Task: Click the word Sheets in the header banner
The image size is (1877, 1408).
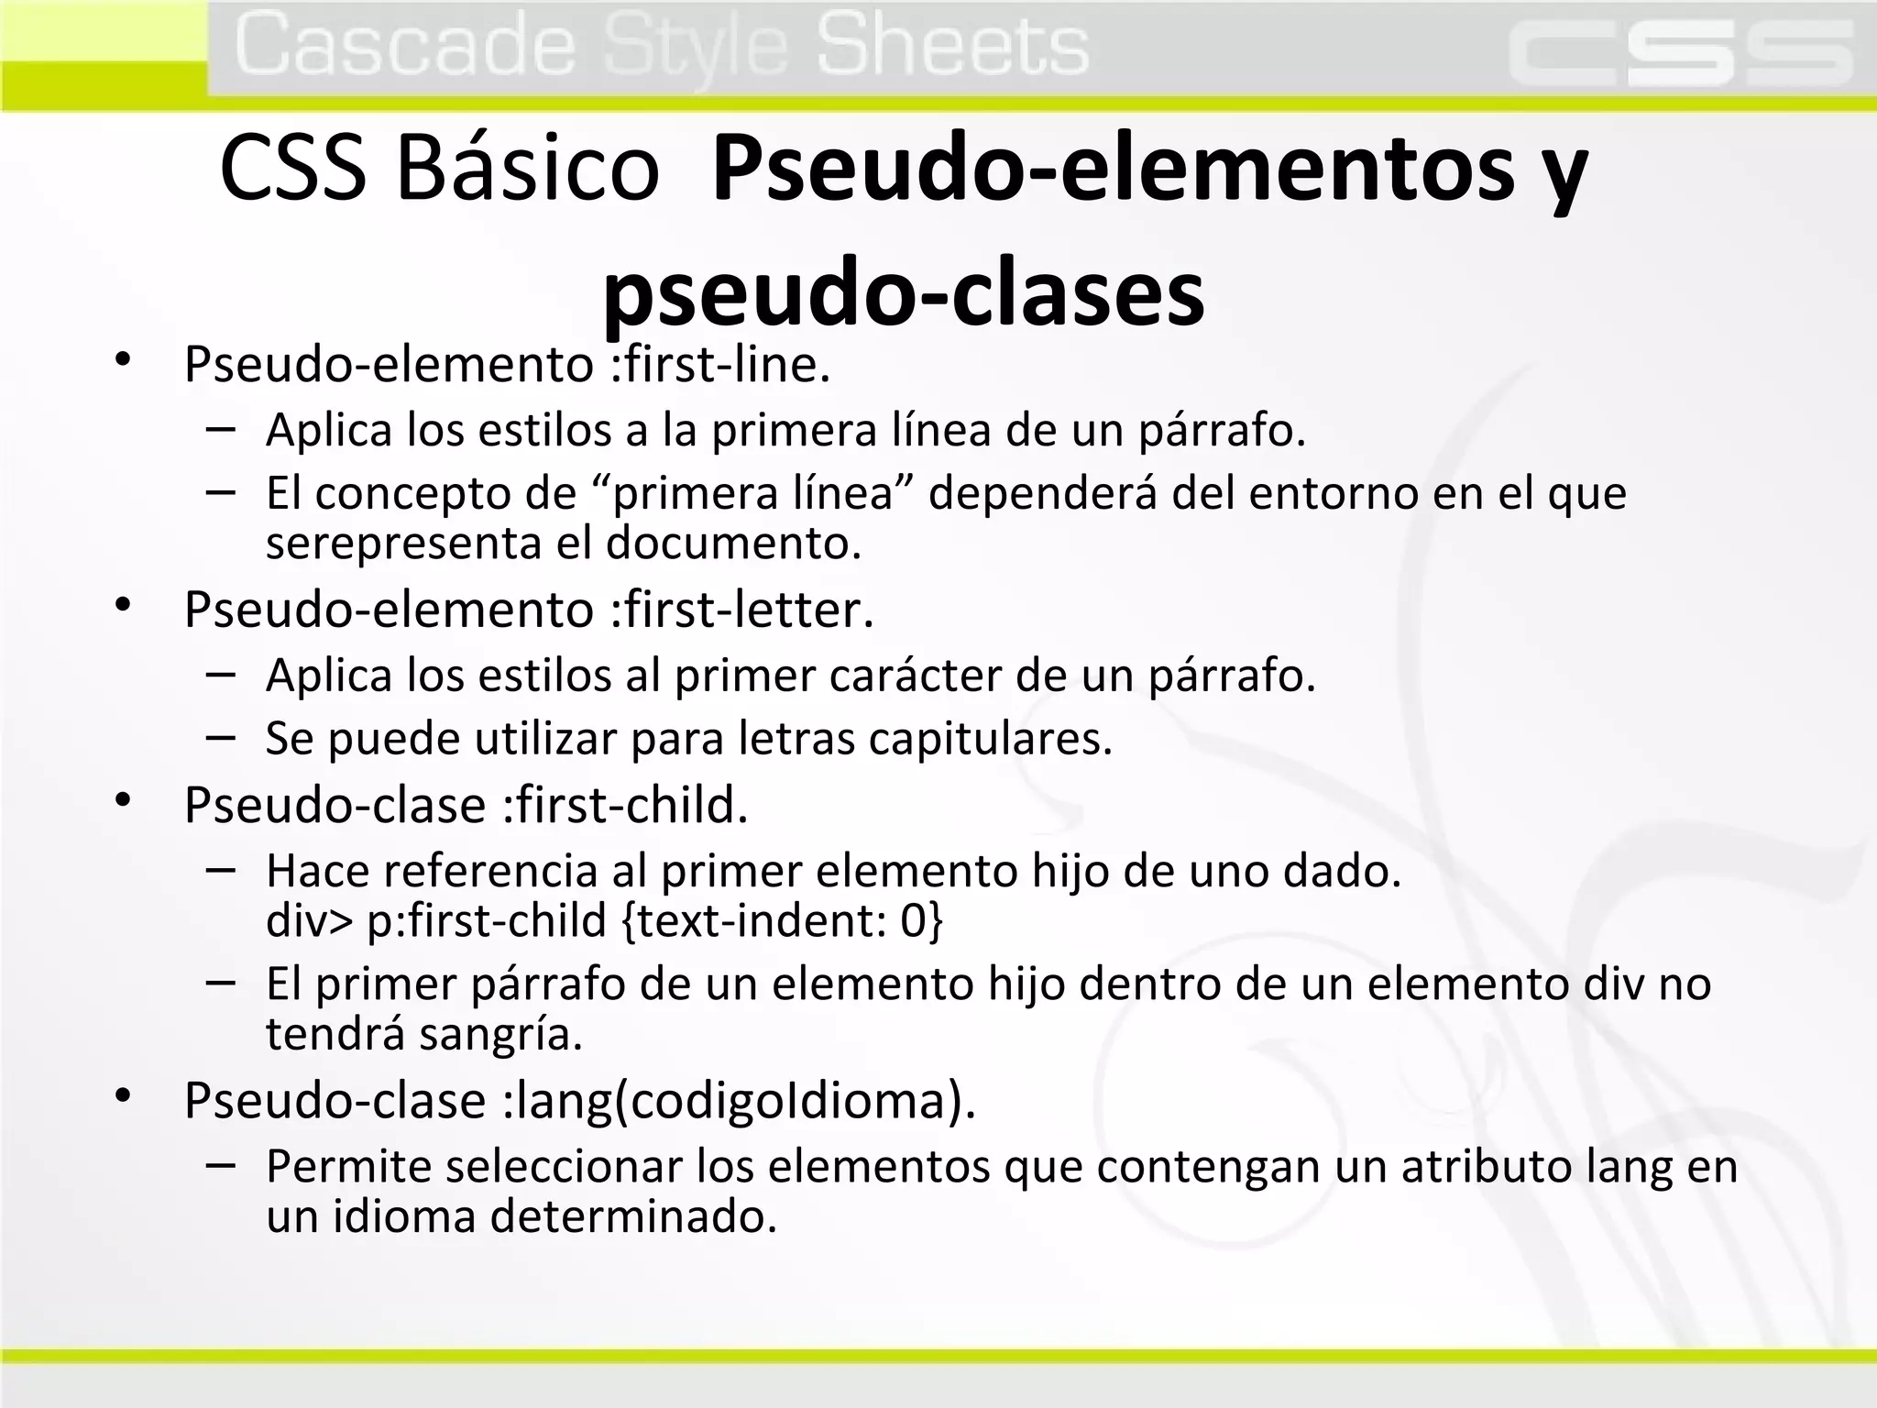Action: click(x=952, y=46)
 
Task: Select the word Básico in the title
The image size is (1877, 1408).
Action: click(x=528, y=169)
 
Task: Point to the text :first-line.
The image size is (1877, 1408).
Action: click(x=720, y=365)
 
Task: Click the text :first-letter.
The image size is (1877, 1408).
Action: click(x=742, y=610)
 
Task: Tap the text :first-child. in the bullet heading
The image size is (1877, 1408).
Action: click(x=626, y=805)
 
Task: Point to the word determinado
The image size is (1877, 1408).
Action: click(x=633, y=1216)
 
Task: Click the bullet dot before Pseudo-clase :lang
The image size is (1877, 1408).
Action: click(x=124, y=1096)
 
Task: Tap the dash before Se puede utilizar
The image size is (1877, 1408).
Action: click(x=221, y=736)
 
